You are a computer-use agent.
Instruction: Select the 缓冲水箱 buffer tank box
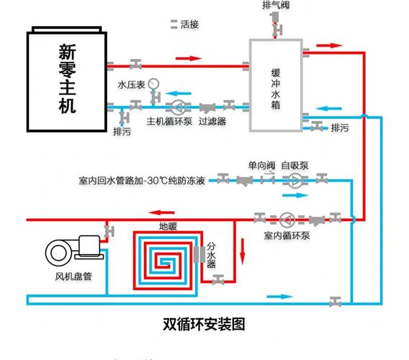click(x=276, y=85)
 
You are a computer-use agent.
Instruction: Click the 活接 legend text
click(x=189, y=24)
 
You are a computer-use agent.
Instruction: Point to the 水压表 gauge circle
click(x=154, y=83)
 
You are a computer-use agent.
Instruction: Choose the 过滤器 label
click(x=212, y=121)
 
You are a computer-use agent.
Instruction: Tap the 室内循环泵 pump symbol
click(x=286, y=217)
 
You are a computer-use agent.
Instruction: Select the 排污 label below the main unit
click(x=122, y=132)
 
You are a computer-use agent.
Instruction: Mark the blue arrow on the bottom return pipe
click(x=281, y=296)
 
